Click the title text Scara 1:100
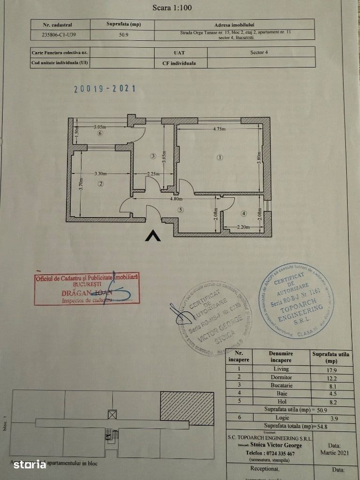point(172,7)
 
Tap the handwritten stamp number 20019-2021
point(105,88)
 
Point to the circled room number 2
point(100,184)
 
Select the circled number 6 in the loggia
point(99,134)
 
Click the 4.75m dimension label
point(218,128)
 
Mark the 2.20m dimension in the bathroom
point(242,227)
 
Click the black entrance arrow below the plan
point(153,236)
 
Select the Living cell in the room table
point(281,368)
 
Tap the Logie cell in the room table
point(281,417)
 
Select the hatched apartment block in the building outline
point(187,408)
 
